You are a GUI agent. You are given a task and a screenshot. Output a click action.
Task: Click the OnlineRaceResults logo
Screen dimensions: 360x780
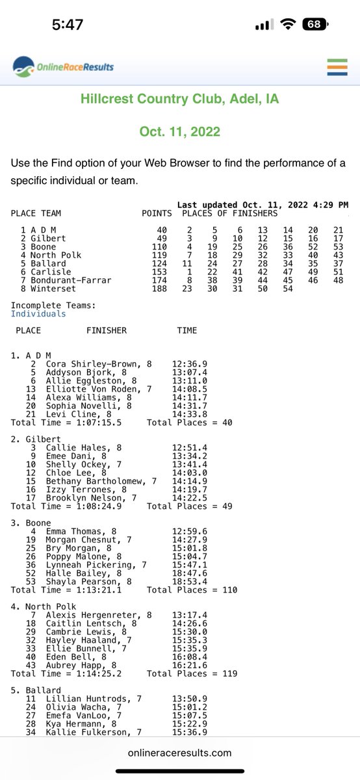pyautogui.click(x=64, y=66)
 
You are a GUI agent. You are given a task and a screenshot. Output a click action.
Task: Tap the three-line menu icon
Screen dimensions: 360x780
pyautogui.click(x=337, y=68)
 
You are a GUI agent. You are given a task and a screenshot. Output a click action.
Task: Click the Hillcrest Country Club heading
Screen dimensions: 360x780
pyautogui.click(x=179, y=99)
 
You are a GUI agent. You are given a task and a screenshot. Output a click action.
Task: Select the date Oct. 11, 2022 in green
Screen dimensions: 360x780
pyautogui.click(x=179, y=131)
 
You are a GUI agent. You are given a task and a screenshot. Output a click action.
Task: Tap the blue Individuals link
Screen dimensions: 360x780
pyautogui.click(x=38, y=313)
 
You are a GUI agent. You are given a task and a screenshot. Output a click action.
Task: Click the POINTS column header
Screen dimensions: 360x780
pyautogui.click(x=157, y=213)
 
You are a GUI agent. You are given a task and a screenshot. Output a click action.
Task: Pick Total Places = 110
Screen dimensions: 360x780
pyautogui.click(x=192, y=590)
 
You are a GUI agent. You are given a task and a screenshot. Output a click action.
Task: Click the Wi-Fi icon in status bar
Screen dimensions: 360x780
pyautogui.click(x=287, y=25)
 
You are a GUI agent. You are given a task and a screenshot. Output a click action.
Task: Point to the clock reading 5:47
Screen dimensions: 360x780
pyautogui.click(x=68, y=25)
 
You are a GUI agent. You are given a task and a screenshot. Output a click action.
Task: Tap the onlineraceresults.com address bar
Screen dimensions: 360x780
pyautogui.click(x=180, y=753)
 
